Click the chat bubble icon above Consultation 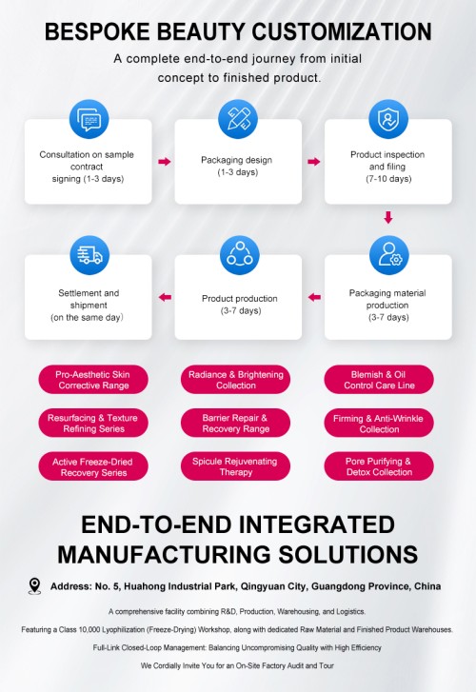[x=89, y=119]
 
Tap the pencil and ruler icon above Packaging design [x=238, y=119]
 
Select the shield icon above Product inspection [x=388, y=119]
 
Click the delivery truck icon [x=89, y=255]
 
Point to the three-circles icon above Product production [x=239, y=255]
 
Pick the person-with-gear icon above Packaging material [x=389, y=255]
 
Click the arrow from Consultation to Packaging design [x=165, y=162]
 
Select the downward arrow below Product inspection [x=388, y=217]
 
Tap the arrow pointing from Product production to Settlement [x=165, y=297]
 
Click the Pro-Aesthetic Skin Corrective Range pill [x=93, y=380]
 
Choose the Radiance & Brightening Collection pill [x=235, y=380]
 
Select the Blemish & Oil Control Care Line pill [x=379, y=380]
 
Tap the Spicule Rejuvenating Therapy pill [x=235, y=466]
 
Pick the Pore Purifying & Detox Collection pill [x=379, y=466]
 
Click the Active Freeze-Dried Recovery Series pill [x=93, y=466]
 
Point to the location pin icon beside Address [x=34, y=586]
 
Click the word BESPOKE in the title [x=97, y=31]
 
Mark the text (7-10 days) [x=388, y=179]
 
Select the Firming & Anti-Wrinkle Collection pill [x=379, y=424]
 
